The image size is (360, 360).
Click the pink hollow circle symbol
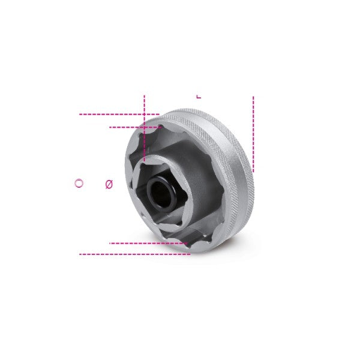click(79, 183)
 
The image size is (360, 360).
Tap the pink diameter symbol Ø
click(109, 184)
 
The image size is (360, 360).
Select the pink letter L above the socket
click(199, 96)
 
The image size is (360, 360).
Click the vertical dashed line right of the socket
click(253, 134)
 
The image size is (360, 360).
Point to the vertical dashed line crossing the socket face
click(145, 128)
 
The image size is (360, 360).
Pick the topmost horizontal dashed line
click(119, 114)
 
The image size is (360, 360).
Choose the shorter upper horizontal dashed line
click(136, 127)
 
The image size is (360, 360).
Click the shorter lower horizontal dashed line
click(149, 243)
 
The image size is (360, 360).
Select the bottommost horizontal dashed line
click(135, 254)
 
